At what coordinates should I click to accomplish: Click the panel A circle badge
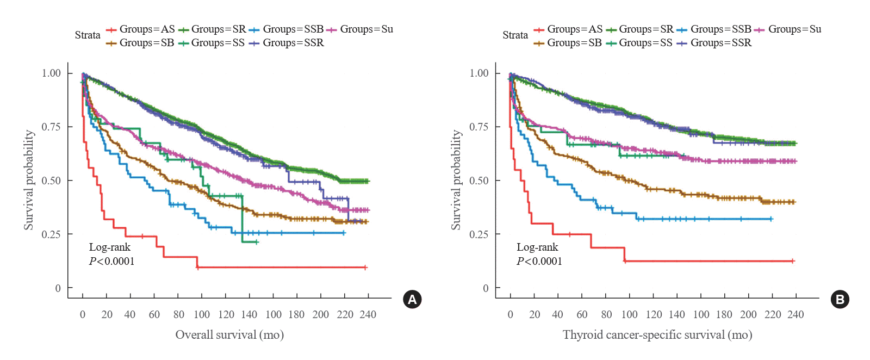point(412,300)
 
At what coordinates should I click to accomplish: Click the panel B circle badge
point(840,300)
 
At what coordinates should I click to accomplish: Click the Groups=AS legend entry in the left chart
point(141,29)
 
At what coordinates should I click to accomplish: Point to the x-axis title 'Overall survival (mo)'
point(229,335)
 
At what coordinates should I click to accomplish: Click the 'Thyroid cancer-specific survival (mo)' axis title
point(657,335)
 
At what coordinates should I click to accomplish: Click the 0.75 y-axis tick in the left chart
point(51,127)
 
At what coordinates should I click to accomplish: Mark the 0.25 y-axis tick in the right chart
point(479,234)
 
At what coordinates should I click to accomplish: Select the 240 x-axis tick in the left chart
point(368,315)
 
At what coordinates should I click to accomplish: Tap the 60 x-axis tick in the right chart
point(582,315)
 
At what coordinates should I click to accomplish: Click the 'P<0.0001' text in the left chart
point(111,262)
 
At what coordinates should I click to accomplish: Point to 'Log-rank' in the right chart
point(537,247)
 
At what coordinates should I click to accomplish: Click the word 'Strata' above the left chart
point(88,35)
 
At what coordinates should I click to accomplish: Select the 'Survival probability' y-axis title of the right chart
point(456,180)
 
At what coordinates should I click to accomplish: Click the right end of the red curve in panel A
point(365,268)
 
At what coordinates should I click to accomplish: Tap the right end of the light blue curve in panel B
point(771,219)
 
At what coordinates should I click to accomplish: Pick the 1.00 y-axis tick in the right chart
point(479,73)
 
